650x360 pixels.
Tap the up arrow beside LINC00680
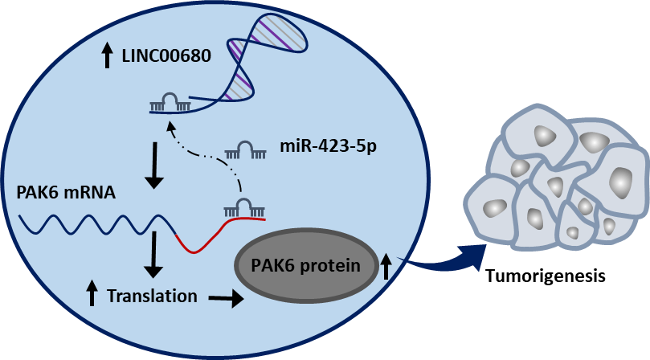point(107,56)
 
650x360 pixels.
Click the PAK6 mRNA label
point(66,193)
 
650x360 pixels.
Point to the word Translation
point(152,296)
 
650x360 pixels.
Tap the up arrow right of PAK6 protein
point(386,265)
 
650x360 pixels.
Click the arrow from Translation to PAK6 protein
point(226,299)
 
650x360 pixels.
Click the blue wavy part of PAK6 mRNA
point(96,223)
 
